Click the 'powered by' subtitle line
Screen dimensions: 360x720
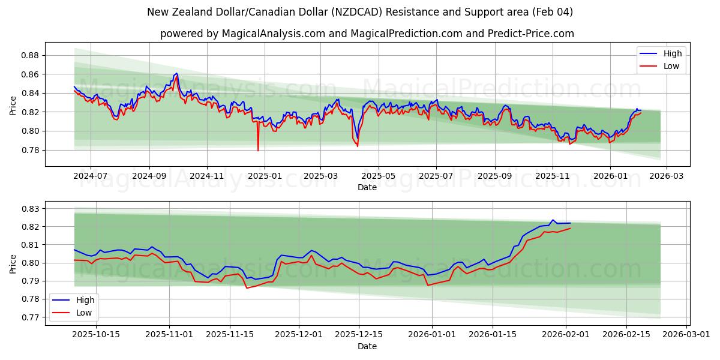click(x=367, y=34)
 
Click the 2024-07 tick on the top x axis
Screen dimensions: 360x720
click(x=91, y=176)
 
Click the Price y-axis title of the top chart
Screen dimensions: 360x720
click(x=13, y=105)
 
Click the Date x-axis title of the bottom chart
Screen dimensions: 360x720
click(x=367, y=346)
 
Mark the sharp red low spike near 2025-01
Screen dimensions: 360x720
click(x=258, y=150)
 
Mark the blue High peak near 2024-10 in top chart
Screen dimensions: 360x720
click(x=176, y=73)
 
